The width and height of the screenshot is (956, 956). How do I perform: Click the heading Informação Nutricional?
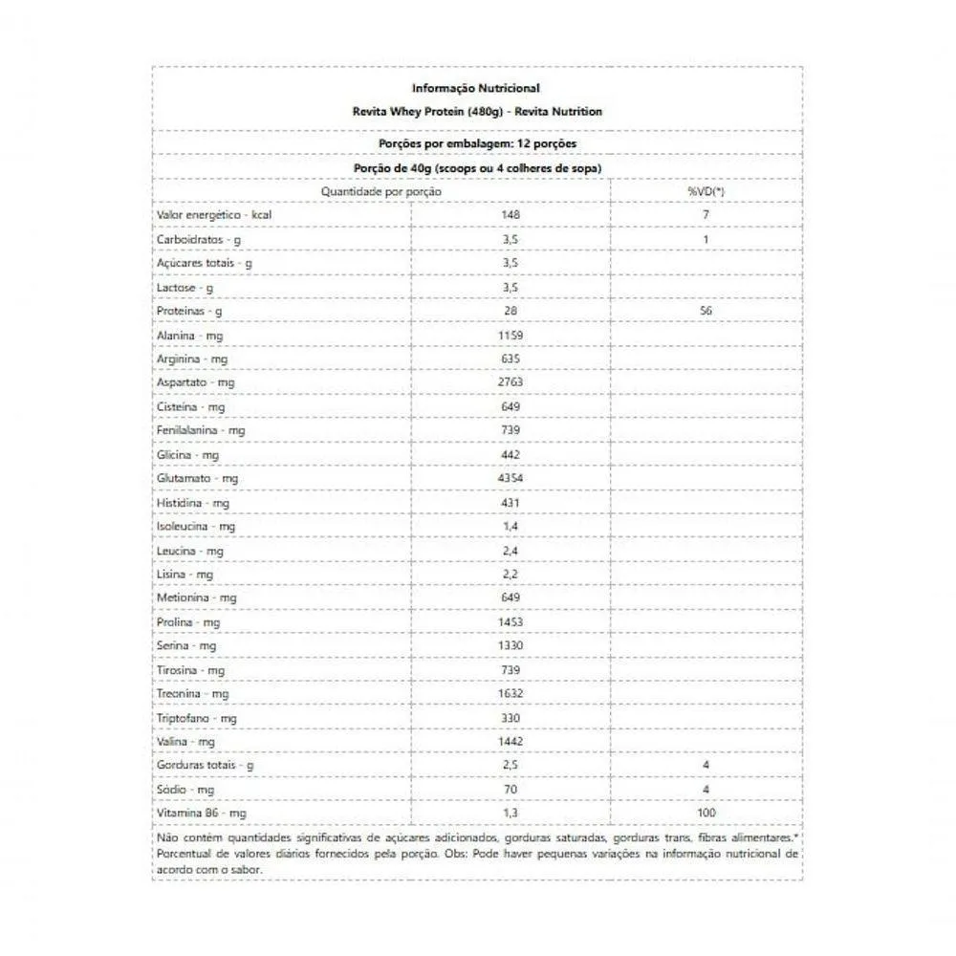[476, 88]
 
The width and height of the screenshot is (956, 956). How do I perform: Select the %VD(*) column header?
[706, 192]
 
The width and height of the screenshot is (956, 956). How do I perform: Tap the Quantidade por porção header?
[380, 192]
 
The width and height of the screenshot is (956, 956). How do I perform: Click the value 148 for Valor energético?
[510, 215]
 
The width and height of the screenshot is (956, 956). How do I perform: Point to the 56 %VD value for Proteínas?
[706, 311]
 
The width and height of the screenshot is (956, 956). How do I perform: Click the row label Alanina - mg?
[190, 335]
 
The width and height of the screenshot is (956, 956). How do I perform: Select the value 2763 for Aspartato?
[510, 382]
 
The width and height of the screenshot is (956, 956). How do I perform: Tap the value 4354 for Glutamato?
[510, 478]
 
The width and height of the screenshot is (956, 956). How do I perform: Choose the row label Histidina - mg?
[193, 502]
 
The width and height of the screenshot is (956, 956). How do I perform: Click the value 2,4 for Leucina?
[510, 550]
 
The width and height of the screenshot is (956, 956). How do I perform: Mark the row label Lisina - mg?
[185, 574]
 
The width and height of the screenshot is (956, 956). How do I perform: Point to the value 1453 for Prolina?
[510, 621]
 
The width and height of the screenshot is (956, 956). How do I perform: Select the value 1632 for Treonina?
[510, 693]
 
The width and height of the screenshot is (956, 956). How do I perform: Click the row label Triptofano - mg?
[197, 717]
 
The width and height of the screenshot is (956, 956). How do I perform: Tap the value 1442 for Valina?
[510, 741]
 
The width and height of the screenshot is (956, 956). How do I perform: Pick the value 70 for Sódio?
[510, 789]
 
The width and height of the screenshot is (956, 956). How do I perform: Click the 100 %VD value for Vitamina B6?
[706, 813]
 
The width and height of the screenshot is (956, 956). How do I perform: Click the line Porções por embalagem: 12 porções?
[476, 143]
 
